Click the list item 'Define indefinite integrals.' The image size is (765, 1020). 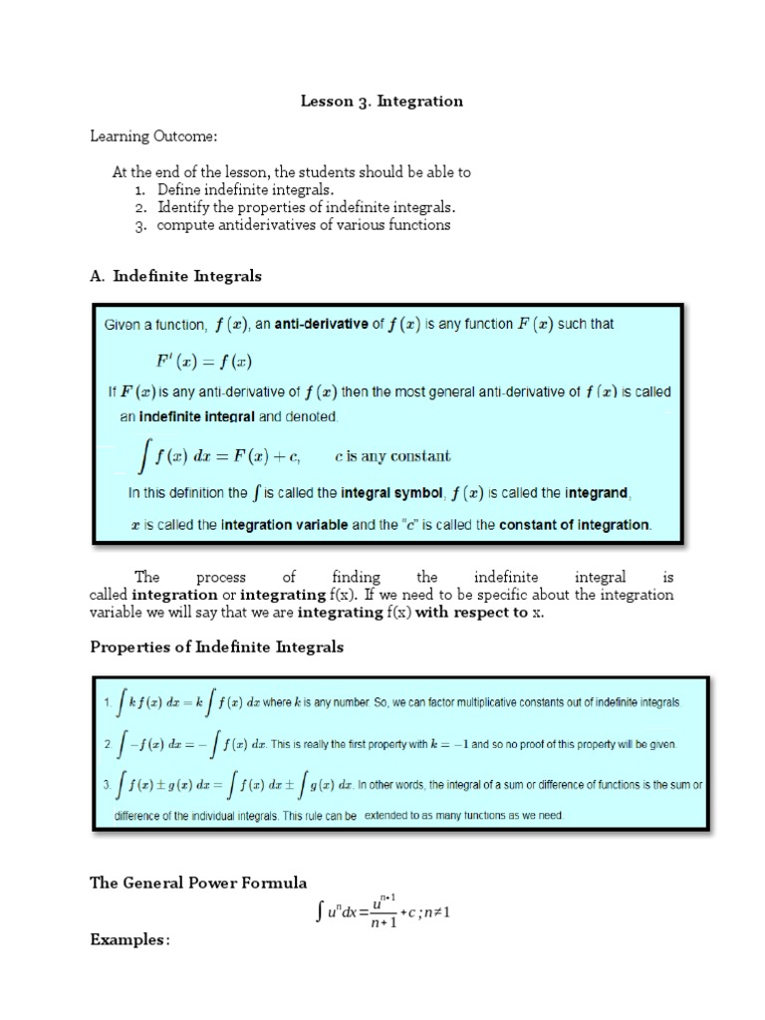[x=245, y=189]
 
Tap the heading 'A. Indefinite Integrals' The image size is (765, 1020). [x=175, y=276]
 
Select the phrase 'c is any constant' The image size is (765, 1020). [x=392, y=457]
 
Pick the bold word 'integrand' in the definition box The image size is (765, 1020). [x=599, y=492]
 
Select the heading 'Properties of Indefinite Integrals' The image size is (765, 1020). [x=217, y=646]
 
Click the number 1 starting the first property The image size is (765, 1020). [x=106, y=702]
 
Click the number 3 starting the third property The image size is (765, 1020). [x=106, y=785]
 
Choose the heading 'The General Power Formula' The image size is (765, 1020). [x=198, y=883]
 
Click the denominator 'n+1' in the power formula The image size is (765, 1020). [x=383, y=922]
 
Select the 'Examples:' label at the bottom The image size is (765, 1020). [x=129, y=939]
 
